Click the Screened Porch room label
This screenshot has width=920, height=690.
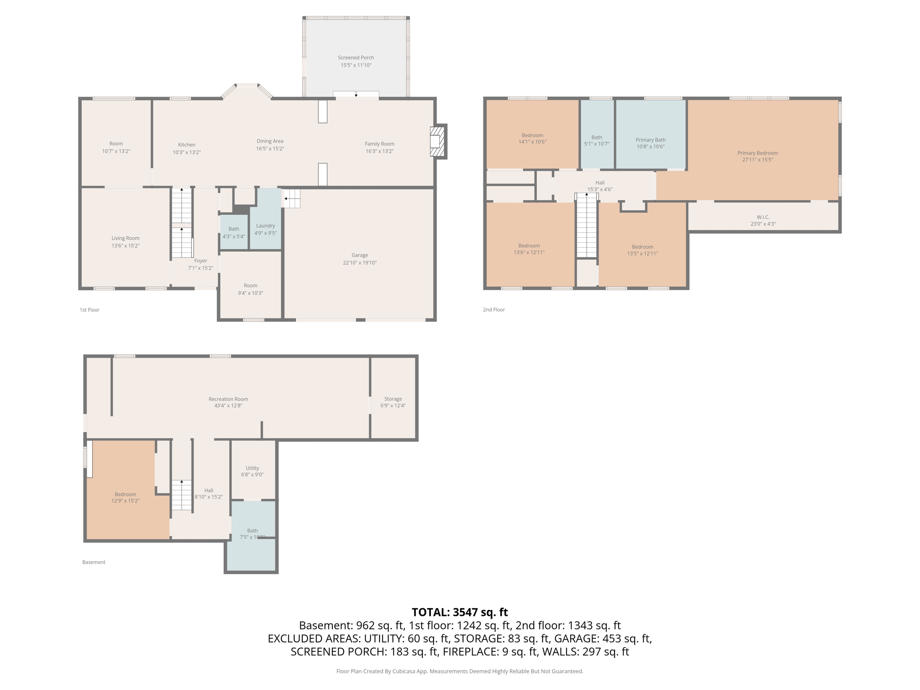pyautogui.click(x=356, y=57)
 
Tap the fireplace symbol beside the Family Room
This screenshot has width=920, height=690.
pyautogui.click(x=437, y=141)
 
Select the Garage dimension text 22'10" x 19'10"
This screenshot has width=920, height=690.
pyautogui.click(x=359, y=263)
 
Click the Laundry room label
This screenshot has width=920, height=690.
pyautogui.click(x=265, y=226)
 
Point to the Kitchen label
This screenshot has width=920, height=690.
pyautogui.click(x=186, y=145)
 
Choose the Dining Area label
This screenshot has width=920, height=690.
pyautogui.click(x=270, y=141)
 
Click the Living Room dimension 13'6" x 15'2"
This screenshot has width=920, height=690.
pyautogui.click(x=125, y=246)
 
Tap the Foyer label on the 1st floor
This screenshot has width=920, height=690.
pyautogui.click(x=200, y=261)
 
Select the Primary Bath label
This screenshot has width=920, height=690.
pyautogui.click(x=650, y=140)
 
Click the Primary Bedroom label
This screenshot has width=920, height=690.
pyautogui.click(x=757, y=153)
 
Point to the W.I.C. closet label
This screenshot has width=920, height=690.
pyautogui.click(x=763, y=217)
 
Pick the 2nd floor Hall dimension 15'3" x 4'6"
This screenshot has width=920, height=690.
pyautogui.click(x=600, y=190)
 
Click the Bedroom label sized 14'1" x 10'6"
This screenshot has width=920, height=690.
pyautogui.click(x=532, y=135)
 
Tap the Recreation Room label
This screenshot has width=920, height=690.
pyautogui.click(x=228, y=399)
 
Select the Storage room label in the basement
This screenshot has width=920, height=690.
pyautogui.click(x=393, y=399)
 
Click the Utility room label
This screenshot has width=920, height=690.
pyautogui.click(x=252, y=468)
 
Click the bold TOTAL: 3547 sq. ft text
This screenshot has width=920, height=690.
pyautogui.click(x=460, y=612)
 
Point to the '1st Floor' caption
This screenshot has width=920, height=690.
pyautogui.click(x=89, y=310)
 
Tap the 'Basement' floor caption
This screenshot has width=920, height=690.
pyautogui.click(x=93, y=562)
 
